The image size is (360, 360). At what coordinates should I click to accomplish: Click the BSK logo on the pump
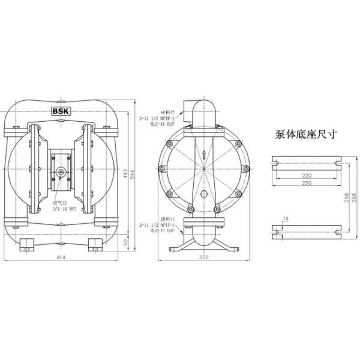[61, 111]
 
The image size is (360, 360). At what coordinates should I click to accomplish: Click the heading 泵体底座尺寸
[305, 134]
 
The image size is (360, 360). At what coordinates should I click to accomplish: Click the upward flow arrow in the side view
[205, 155]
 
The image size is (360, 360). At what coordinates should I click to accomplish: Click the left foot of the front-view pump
[28, 244]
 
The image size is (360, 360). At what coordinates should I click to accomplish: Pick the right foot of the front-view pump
[95, 244]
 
